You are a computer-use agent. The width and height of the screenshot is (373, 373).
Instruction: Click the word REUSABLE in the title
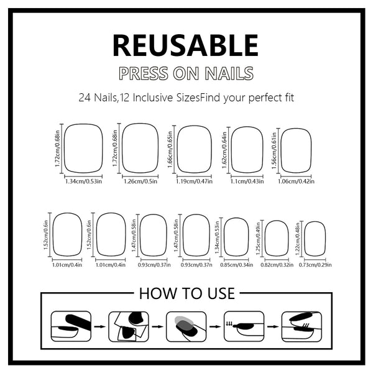pos(185,45)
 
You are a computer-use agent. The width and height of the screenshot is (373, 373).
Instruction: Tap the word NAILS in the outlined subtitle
pos(227,73)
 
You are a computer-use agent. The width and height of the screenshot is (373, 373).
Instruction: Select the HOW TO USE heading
pos(186,293)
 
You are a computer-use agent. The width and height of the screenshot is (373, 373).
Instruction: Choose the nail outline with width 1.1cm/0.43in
pos(246,149)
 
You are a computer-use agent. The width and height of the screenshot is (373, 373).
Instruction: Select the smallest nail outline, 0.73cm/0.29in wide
pos(315,238)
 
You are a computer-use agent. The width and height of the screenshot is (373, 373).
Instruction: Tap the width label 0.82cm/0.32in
pos(277,265)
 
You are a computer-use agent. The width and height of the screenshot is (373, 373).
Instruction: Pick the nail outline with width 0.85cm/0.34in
pos(236,237)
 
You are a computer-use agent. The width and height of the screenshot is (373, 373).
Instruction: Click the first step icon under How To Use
pos(70,326)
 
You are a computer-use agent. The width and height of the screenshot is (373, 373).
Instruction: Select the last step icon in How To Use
pos(301,326)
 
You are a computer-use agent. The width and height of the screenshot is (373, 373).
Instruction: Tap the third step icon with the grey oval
pos(186,326)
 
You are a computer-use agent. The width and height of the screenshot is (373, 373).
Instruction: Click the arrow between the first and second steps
pos(99,326)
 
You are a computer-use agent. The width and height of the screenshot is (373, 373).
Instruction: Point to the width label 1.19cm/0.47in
pos(194,182)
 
